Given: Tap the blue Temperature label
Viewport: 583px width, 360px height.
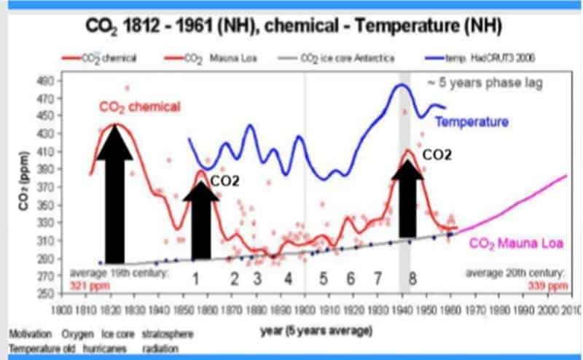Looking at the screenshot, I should click(x=472, y=122).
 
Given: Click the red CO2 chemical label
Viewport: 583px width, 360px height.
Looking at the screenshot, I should click(x=139, y=107).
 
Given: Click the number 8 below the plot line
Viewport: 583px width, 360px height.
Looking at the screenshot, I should click(x=412, y=278).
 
